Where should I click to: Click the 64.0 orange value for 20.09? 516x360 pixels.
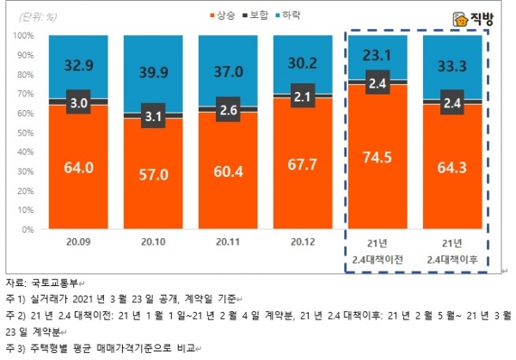coord(78,167)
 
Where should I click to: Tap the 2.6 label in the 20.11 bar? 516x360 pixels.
coord(227,110)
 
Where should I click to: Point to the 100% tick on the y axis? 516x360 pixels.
coord(23,35)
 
